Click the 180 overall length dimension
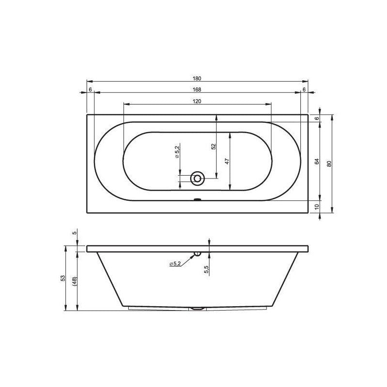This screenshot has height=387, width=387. [197, 78]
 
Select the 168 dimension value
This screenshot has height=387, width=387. [197, 89]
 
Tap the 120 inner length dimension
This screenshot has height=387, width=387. [197, 101]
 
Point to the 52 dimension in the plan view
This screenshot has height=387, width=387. [214, 147]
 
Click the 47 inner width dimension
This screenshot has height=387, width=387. [227, 161]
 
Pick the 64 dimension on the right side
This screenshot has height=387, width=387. [317, 162]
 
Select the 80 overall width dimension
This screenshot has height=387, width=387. [329, 164]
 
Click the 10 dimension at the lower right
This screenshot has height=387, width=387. [317, 206]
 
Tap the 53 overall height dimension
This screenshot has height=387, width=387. [63, 278]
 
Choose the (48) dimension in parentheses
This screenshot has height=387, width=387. [75, 282]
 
